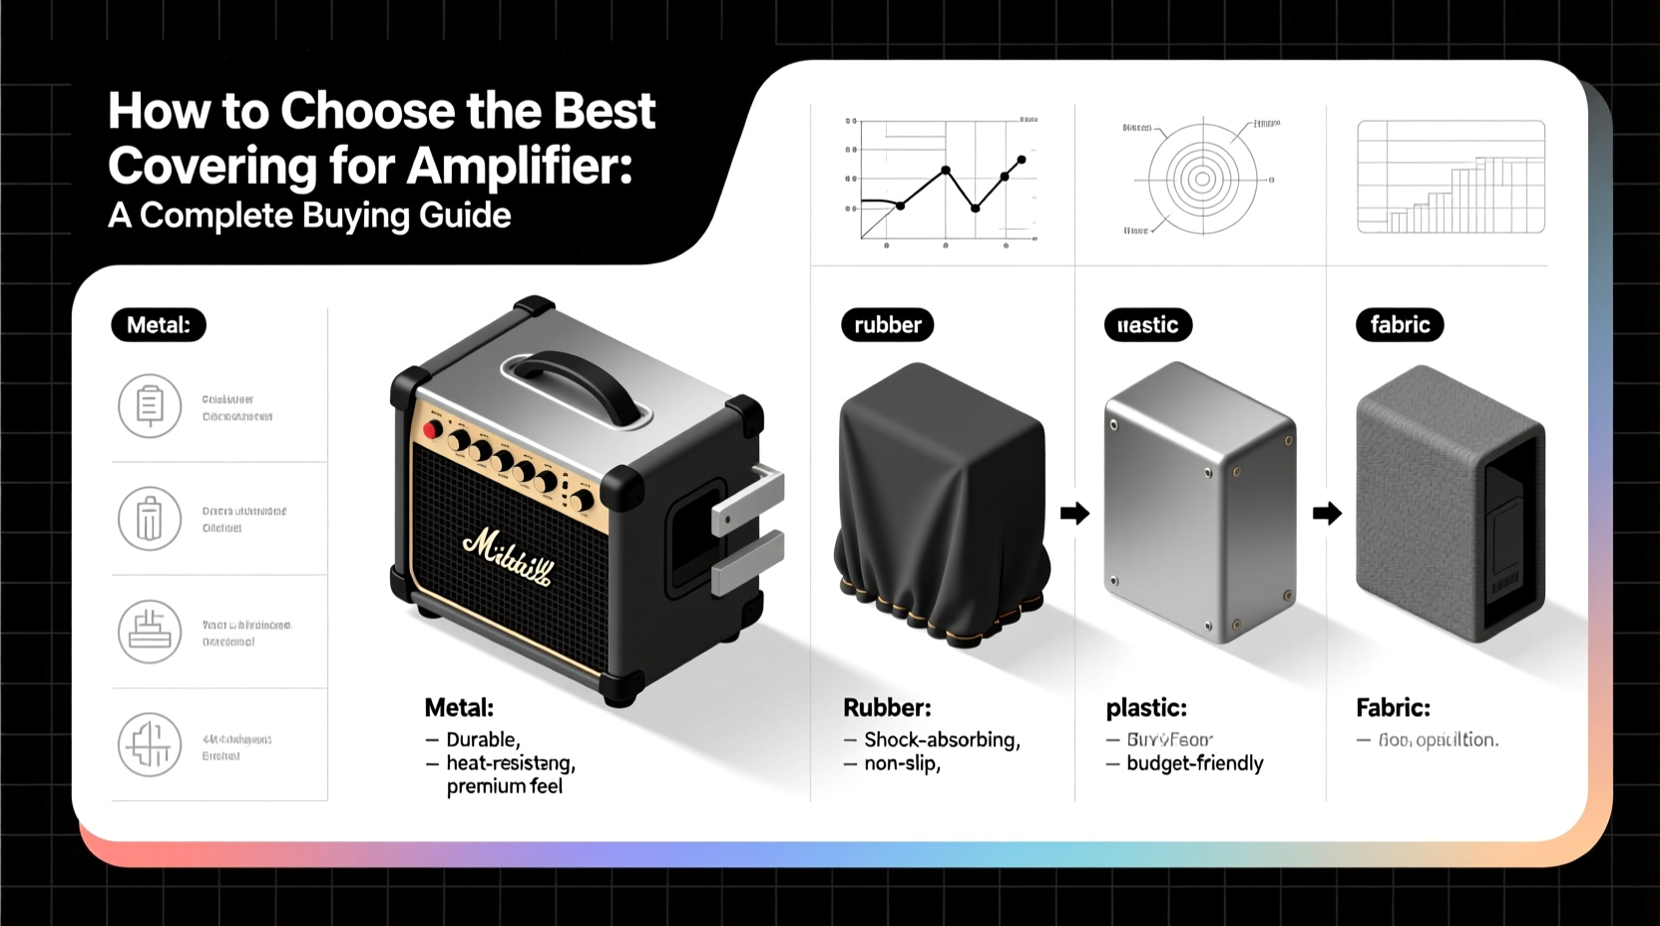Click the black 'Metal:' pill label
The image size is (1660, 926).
[158, 325]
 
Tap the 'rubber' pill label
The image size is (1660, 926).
[887, 325]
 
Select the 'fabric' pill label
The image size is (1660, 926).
[1399, 325]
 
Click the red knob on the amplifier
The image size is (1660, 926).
[432, 430]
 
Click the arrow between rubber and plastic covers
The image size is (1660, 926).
[1074, 514]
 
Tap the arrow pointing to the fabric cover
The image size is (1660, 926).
[1327, 514]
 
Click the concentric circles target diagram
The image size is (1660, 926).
[1202, 180]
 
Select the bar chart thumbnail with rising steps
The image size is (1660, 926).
[1451, 178]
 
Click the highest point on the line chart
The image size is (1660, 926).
[1021, 160]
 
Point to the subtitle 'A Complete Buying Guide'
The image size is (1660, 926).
[309, 216]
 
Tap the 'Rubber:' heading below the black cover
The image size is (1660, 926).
[887, 708]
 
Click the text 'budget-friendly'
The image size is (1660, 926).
[1194, 763]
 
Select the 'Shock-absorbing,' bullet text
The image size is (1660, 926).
[941, 739]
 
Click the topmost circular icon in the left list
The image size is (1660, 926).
[150, 406]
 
